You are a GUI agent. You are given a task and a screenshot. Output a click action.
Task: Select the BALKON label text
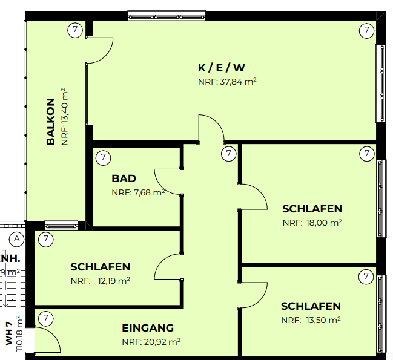click(x=51, y=122)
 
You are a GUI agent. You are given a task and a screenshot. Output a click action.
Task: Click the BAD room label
click(x=124, y=179)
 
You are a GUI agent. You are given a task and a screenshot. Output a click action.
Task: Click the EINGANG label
click(x=148, y=328)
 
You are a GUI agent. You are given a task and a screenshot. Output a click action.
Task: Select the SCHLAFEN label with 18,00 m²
click(x=312, y=209)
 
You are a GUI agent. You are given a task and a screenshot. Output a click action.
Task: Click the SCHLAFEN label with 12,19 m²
click(x=100, y=266)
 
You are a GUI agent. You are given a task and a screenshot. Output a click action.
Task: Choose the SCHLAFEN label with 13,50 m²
click(x=310, y=306)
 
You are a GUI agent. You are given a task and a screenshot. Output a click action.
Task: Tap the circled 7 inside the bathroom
click(x=104, y=158)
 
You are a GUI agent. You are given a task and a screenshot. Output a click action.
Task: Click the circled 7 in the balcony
click(x=74, y=29)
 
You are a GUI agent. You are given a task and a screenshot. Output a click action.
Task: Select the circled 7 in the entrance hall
click(x=46, y=318)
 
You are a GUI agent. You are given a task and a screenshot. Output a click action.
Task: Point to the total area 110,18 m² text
click(x=19, y=334)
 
